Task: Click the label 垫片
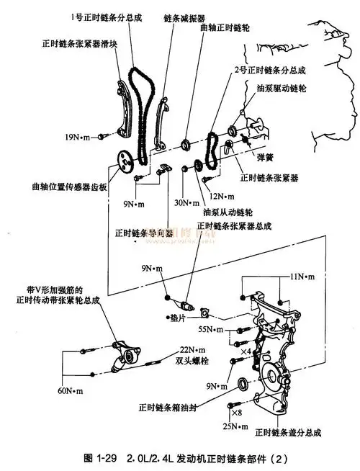181,316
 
